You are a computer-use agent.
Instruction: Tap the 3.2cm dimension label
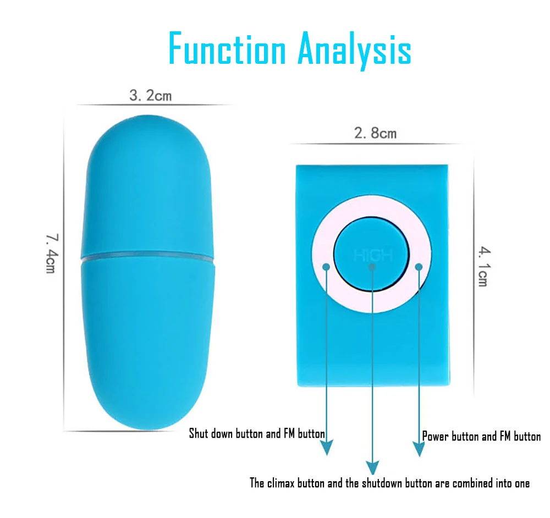pos(150,96)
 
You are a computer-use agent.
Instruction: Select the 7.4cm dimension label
pos(52,254)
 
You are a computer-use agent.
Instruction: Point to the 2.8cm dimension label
pos(375,133)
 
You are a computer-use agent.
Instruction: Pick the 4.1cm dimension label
pos(482,267)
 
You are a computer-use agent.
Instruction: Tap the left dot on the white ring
pos(326,267)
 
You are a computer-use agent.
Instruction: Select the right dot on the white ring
pos(419,267)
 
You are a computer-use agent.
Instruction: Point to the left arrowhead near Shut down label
pos(327,448)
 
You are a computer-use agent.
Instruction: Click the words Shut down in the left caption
pos(211,433)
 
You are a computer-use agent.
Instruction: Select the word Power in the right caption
pos(436,437)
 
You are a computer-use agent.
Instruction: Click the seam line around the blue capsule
pos(148,257)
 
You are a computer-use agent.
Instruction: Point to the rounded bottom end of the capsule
pos(148,418)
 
